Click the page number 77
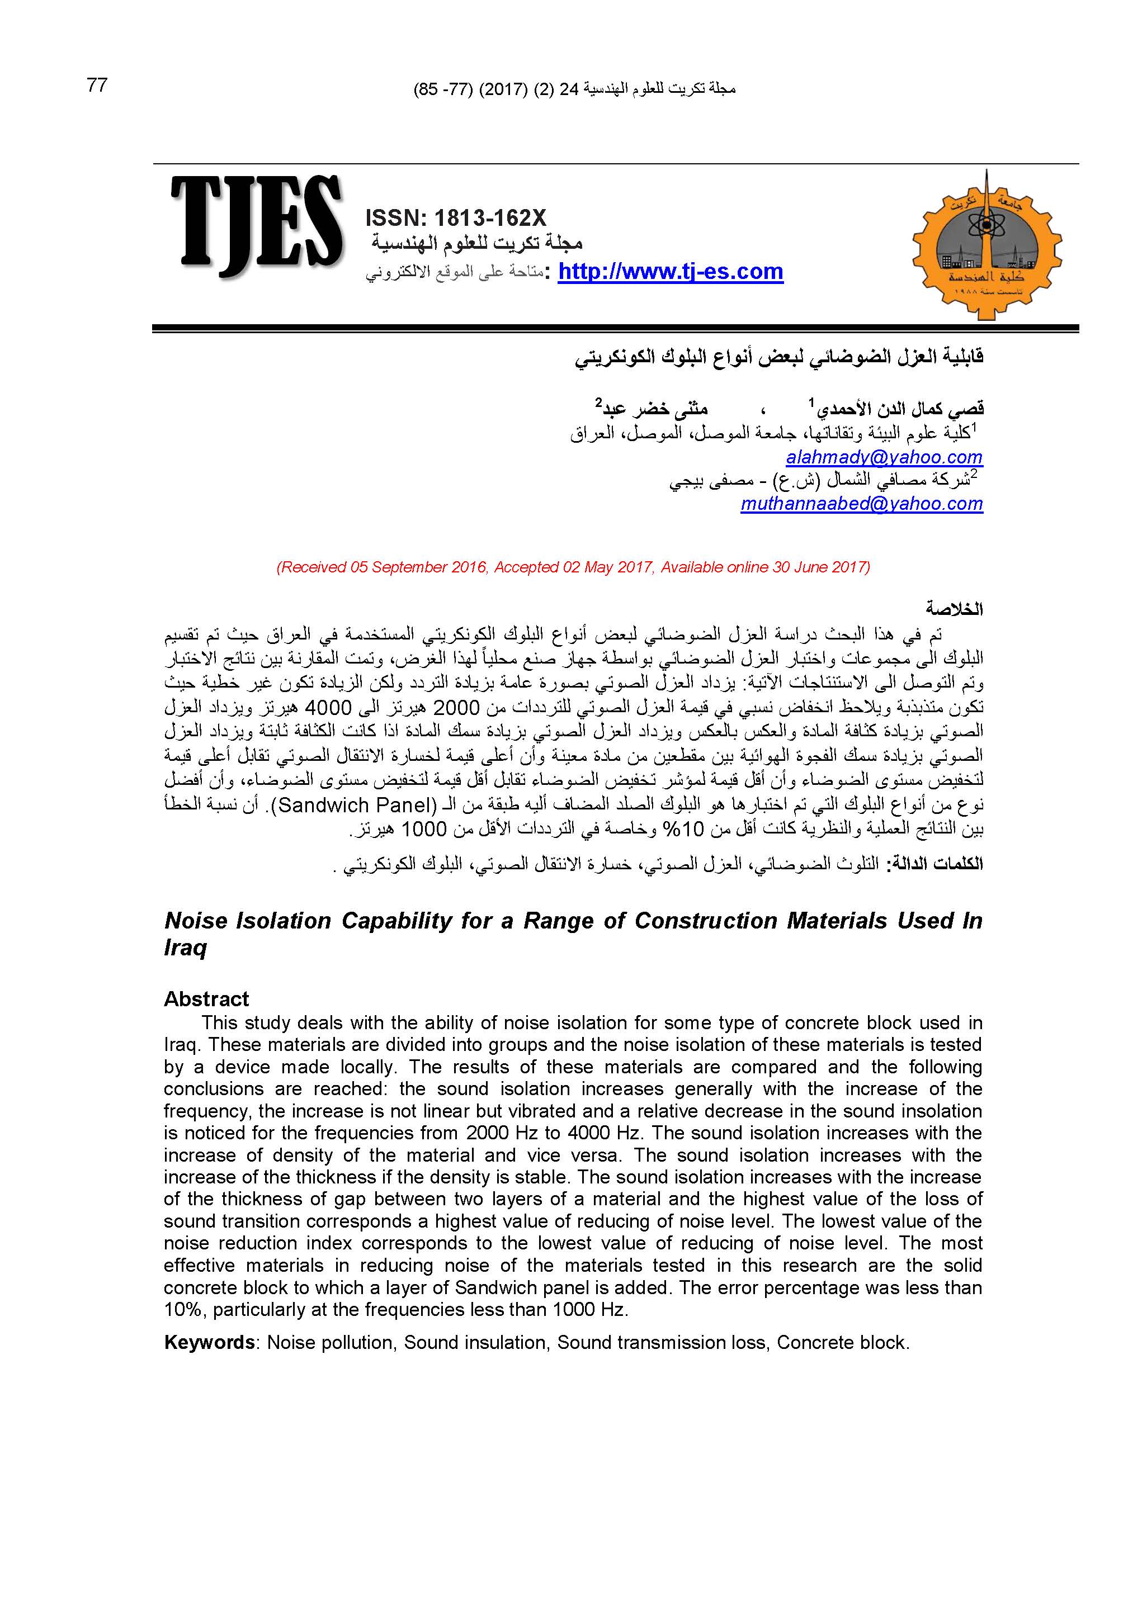[97, 86]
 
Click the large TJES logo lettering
[256, 225]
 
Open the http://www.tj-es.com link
[671, 272]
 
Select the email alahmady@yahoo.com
[884, 457]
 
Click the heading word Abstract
[206, 999]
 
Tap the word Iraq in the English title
[185, 948]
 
